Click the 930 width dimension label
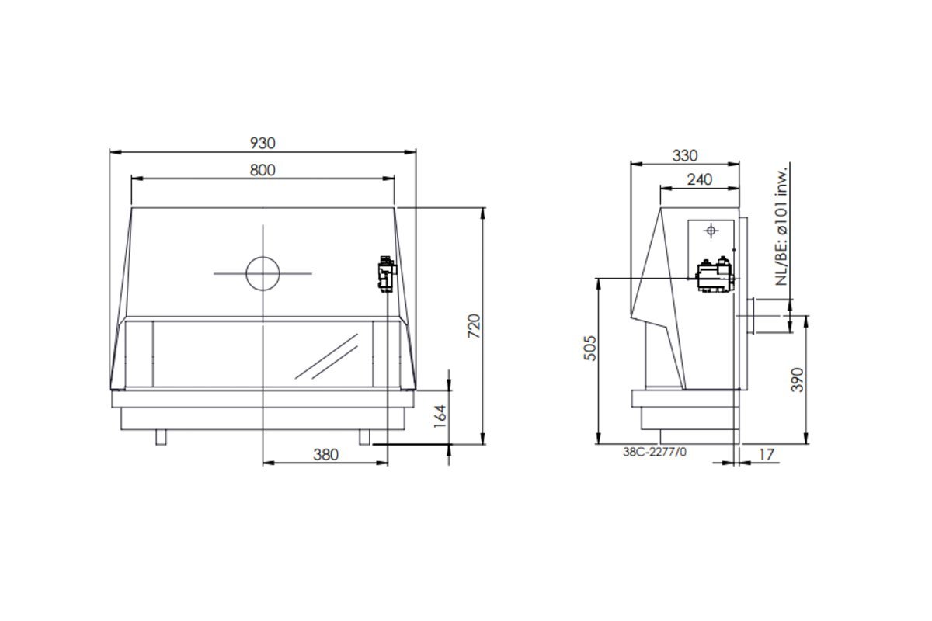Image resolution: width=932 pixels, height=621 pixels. tap(263, 143)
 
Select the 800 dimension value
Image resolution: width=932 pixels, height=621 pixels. tap(263, 170)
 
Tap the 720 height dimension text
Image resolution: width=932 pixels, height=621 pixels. tap(474, 326)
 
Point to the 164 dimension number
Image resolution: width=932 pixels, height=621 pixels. tap(440, 416)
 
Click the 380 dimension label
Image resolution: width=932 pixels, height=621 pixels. tap(325, 455)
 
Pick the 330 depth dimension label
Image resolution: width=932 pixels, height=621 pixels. tap(685, 155)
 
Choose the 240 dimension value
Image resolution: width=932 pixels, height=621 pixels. tap(700, 179)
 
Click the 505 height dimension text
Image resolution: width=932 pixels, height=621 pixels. tap(590, 348)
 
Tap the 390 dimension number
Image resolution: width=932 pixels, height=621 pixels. tap(797, 380)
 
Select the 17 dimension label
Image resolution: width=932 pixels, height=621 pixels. tap(767, 455)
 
